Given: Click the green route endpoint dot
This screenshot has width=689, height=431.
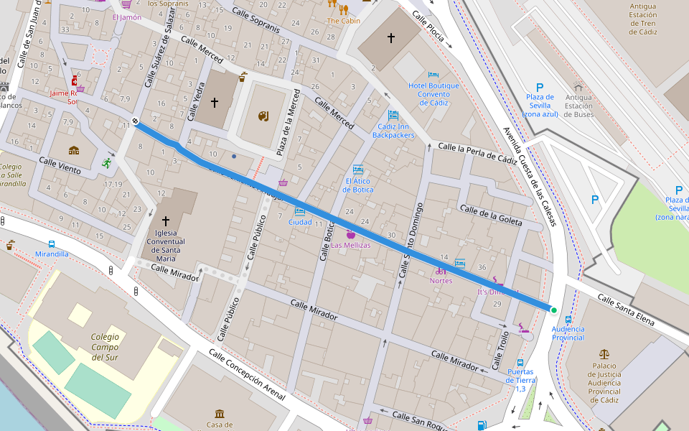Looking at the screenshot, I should coord(553,310).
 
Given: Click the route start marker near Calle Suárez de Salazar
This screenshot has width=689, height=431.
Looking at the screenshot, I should coord(135,120).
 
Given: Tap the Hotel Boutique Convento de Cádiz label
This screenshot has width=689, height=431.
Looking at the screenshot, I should coord(433,94).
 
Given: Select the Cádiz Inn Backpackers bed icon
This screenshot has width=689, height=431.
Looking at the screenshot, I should coord(393,115).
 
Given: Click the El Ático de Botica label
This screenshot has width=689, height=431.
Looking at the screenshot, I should coord(357,185).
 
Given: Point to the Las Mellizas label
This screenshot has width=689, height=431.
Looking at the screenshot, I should coord(350,246).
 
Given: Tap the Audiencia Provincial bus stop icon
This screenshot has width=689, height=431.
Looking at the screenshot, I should coord(568,320).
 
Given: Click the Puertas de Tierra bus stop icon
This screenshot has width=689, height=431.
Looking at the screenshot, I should coord(520,363).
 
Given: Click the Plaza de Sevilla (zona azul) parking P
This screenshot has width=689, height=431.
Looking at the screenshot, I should coord(539,87).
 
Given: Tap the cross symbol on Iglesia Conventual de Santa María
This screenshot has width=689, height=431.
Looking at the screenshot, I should coord(166,221).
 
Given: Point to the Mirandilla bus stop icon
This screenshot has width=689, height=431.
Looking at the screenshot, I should coord(52,245).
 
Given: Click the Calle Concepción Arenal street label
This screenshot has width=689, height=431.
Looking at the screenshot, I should coord(247,375).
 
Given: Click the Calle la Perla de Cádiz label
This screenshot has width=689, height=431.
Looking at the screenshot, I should coord(477,153).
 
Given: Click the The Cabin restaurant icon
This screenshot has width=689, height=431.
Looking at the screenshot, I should coord(343,9).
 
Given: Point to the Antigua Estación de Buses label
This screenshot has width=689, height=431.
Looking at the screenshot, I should coord(578,106).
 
